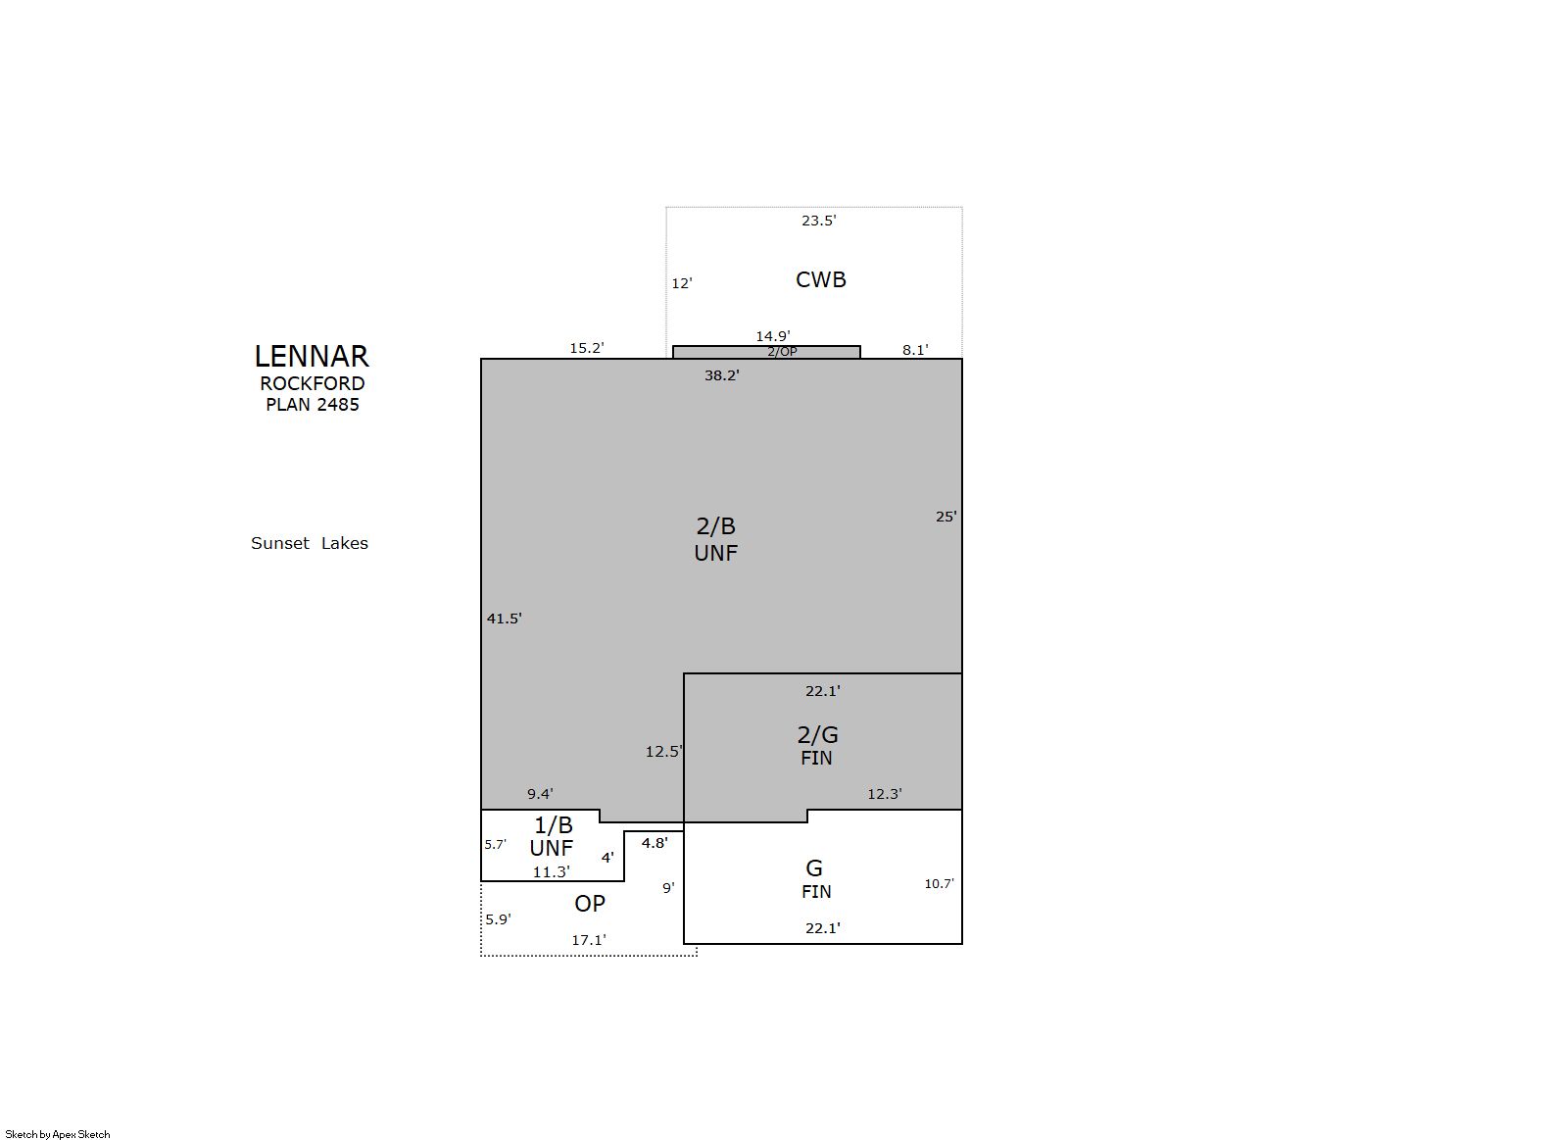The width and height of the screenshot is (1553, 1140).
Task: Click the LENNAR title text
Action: tap(312, 357)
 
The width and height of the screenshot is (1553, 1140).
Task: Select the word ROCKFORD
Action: tap(313, 383)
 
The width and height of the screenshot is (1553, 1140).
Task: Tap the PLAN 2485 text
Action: tap(313, 404)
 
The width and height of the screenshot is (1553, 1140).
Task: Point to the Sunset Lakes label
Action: tap(310, 543)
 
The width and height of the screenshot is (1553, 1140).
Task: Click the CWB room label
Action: tap(821, 279)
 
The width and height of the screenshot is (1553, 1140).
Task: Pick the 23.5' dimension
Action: tap(819, 221)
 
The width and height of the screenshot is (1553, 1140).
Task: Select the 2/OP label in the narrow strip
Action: tap(782, 352)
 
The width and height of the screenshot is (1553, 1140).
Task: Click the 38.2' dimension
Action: tap(722, 375)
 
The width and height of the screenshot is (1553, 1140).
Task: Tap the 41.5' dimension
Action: tap(504, 618)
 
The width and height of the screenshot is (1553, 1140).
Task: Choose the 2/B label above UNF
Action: tap(715, 526)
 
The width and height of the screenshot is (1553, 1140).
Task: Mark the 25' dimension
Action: tap(946, 516)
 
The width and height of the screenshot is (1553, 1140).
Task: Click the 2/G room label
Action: tap(817, 734)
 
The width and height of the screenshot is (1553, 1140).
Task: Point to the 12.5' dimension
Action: tap(663, 751)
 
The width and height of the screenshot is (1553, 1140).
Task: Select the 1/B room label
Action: tap(554, 824)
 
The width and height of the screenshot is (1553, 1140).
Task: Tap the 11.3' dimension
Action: tap(552, 871)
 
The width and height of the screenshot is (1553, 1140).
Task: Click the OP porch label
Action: tap(590, 903)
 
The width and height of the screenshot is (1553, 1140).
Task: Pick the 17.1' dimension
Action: tap(589, 940)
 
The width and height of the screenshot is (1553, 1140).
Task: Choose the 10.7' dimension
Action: tap(939, 883)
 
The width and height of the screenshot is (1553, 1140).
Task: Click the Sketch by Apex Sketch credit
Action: tap(58, 1134)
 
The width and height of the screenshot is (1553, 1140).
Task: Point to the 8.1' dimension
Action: tap(915, 350)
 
